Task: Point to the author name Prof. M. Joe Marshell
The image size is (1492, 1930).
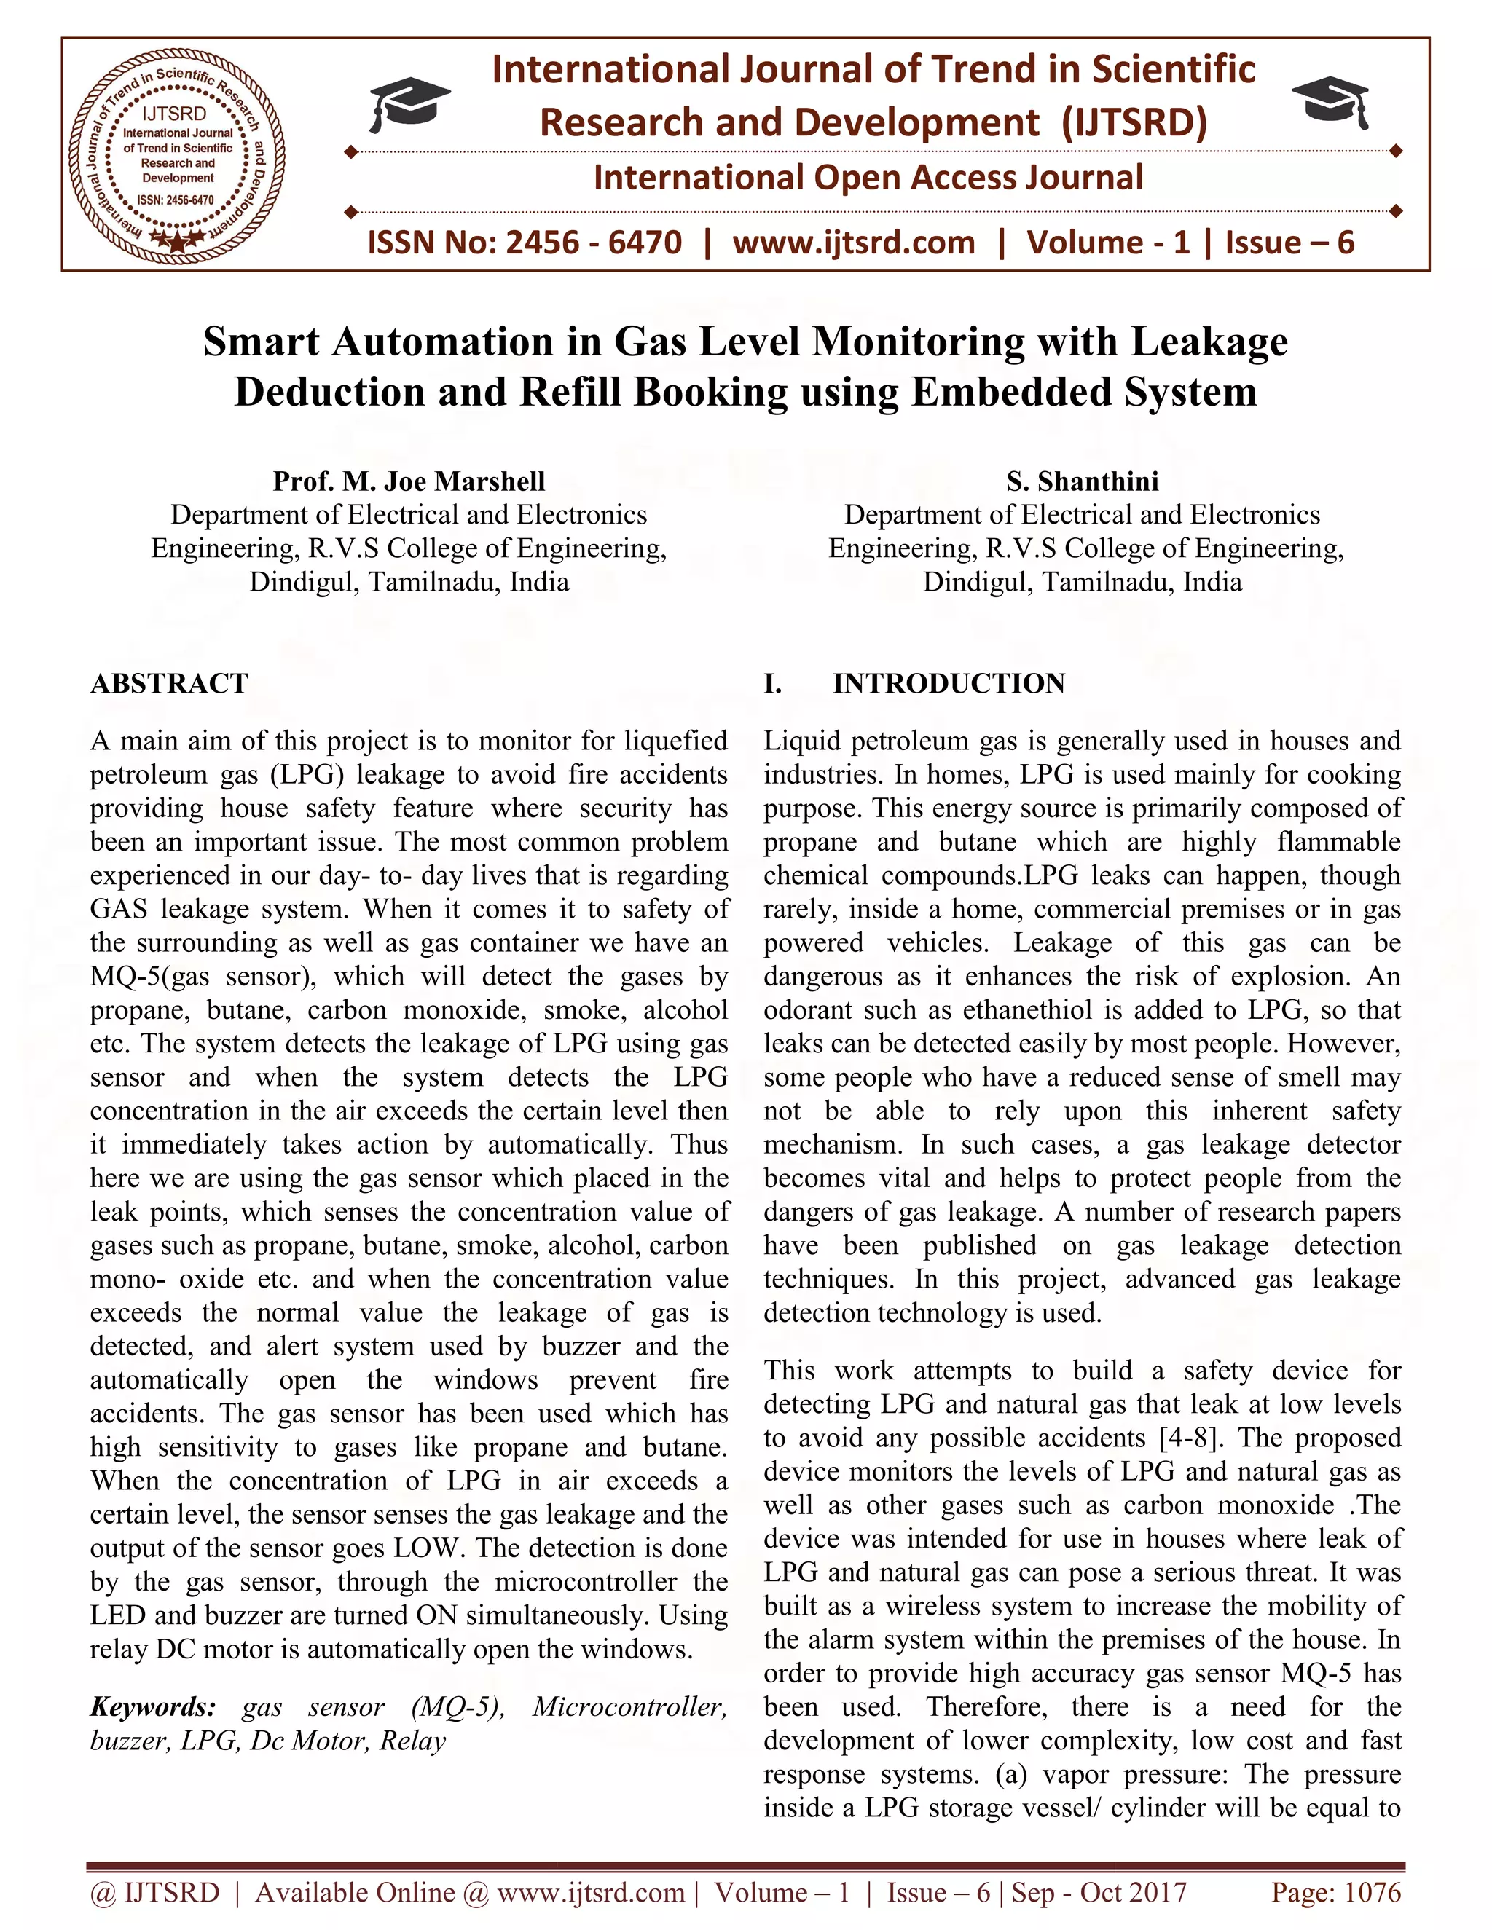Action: tap(409, 481)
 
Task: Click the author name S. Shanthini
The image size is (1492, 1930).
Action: tap(1082, 481)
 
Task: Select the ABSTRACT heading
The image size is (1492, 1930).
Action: tap(169, 683)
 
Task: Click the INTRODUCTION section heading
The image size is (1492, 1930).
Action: tap(949, 683)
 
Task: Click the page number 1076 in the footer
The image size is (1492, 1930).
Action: tap(1372, 1892)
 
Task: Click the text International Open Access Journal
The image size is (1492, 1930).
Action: tap(868, 178)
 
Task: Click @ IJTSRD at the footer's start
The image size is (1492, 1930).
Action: tap(154, 1892)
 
